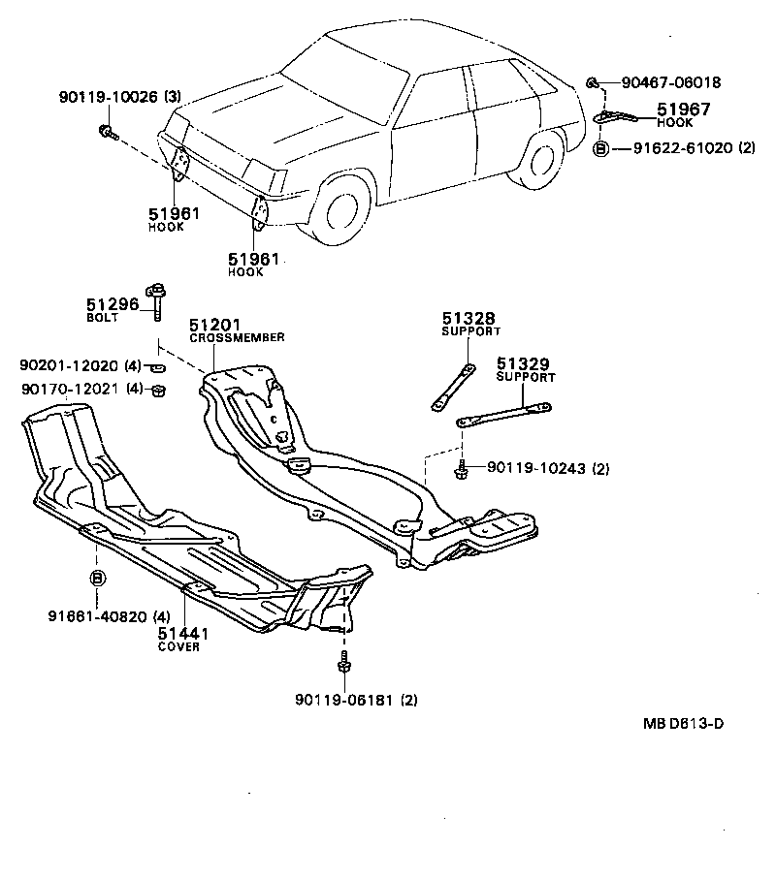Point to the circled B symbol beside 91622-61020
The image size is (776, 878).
600,148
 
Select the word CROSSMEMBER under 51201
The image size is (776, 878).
237,337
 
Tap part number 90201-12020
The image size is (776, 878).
70,365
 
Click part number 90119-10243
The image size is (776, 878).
536,469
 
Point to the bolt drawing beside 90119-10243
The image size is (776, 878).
464,471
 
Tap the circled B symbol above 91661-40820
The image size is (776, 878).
98,579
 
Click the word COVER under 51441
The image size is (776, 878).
178,646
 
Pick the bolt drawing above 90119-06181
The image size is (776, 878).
343,665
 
